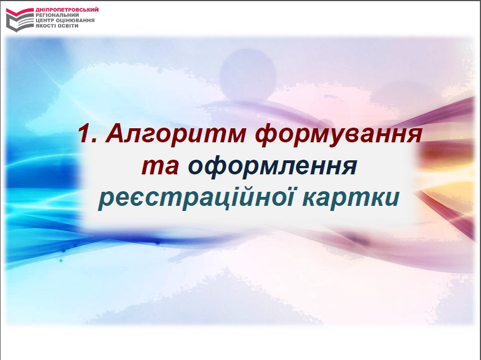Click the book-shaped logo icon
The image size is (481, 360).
(x=20, y=20)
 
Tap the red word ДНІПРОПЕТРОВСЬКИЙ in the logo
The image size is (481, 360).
(x=67, y=10)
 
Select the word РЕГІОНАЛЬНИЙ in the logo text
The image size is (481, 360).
(x=57, y=15)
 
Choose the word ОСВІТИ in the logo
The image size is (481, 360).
(x=69, y=26)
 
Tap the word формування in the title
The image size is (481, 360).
(x=338, y=135)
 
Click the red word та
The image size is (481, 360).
(x=160, y=166)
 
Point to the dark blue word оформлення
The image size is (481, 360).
(x=272, y=167)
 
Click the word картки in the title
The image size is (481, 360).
(x=351, y=198)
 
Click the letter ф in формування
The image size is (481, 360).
(x=268, y=136)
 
